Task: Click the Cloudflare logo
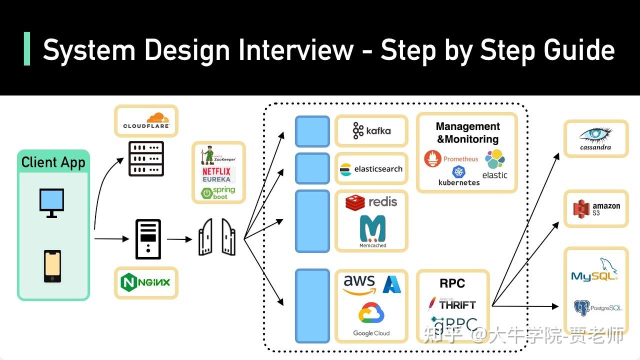146,120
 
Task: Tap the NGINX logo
145,282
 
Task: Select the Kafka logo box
371,131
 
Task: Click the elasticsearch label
378,169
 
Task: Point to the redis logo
371,202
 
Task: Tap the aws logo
359,285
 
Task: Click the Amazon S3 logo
596,209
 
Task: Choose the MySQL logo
594,269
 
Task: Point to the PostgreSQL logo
597,307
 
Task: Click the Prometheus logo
451,158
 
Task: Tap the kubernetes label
459,182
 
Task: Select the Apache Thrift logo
452,304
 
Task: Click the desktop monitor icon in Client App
51,203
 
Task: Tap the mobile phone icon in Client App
52,266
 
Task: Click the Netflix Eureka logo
216,175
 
